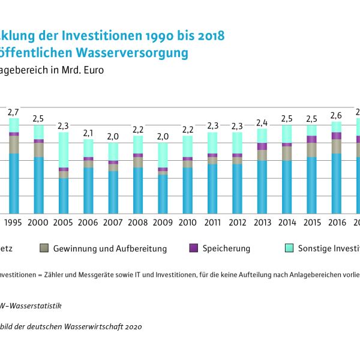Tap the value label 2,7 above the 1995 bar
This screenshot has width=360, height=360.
[13, 112]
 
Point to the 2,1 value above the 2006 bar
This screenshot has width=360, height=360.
[88, 133]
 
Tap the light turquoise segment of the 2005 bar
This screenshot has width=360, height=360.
[63, 149]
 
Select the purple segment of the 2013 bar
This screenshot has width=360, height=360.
[262, 146]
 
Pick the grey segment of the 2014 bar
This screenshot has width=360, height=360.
[287, 154]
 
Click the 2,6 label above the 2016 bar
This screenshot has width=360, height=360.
[337, 115]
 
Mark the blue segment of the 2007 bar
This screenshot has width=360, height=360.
[113, 192]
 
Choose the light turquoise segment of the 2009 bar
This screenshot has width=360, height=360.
[163, 155]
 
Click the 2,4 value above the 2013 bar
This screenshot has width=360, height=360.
[262, 122]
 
